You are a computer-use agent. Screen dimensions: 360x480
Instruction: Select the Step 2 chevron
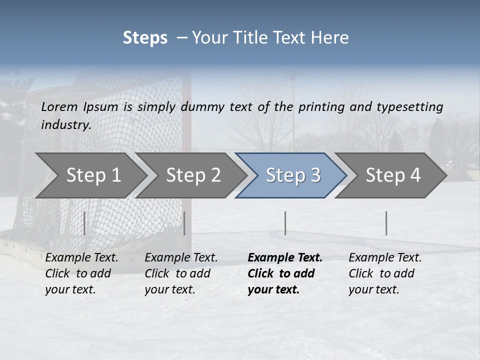(192, 175)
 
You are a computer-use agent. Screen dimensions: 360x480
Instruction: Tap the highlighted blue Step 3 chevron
(292, 175)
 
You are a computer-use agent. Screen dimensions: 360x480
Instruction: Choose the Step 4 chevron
(392, 175)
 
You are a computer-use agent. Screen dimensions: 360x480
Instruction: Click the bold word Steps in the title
(145, 38)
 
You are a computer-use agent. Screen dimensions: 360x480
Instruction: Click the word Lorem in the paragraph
(59, 106)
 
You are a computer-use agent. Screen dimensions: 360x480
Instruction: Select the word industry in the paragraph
(65, 125)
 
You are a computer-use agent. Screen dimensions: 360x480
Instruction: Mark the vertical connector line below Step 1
(84, 223)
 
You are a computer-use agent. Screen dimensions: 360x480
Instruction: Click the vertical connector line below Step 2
(184, 223)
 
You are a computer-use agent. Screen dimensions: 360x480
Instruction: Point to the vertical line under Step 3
(285, 223)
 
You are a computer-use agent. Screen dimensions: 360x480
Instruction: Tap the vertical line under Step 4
(386, 223)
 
